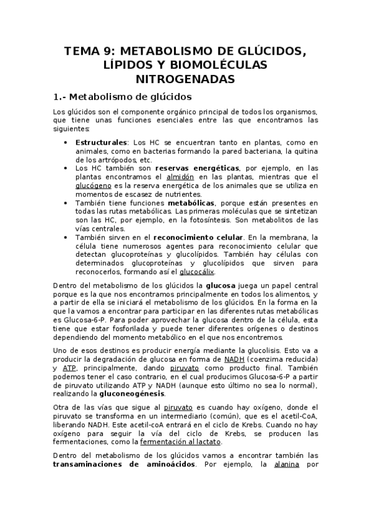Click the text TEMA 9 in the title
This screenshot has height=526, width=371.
[90, 51]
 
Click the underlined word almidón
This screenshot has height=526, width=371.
[188, 176]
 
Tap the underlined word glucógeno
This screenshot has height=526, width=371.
[94, 185]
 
